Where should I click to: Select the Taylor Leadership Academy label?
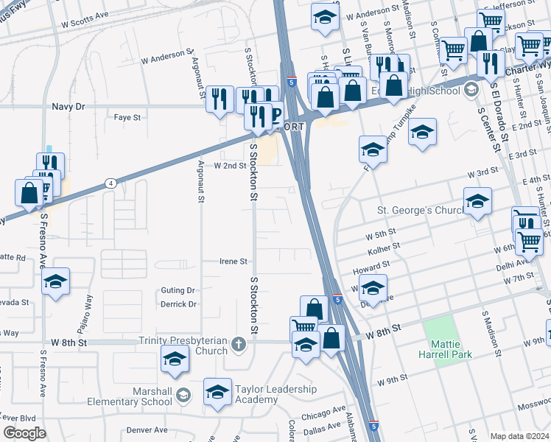(x=275, y=394)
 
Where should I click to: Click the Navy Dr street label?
(x=69, y=106)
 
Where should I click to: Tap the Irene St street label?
(x=234, y=261)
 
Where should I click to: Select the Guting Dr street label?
(x=178, y=291)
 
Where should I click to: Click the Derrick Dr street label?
(x=178, y=304)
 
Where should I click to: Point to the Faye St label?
(x=127, y=116)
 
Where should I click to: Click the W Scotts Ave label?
(x=85, y=24)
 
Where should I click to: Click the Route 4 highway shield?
(x=110, y=183)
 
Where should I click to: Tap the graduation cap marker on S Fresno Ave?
(x=55, y=281)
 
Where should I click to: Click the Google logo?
(x=24, y=433)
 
